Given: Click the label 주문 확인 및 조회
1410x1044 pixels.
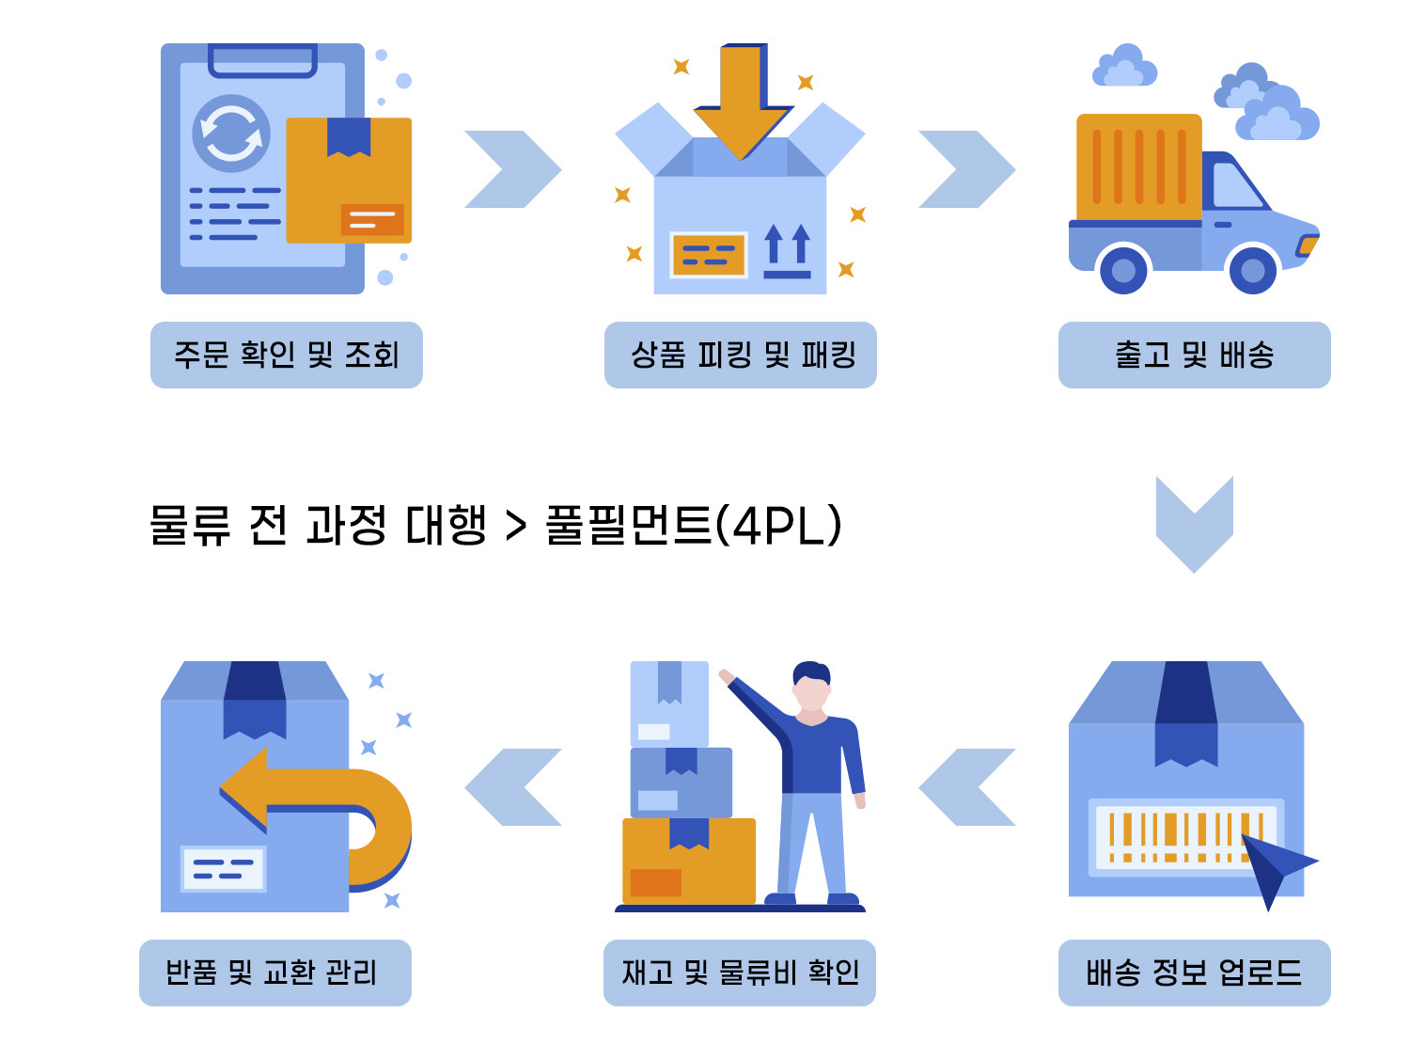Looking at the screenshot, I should pos(286,355).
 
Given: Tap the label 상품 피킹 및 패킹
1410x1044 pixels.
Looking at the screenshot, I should pos(741,355).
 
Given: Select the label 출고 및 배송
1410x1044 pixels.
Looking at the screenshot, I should pos(1194,355).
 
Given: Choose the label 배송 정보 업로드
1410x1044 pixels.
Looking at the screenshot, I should pos(1194,973).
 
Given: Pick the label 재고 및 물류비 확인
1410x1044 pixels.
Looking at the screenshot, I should pos(740,973).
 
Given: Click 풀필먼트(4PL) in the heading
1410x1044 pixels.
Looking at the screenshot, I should pos(693,525).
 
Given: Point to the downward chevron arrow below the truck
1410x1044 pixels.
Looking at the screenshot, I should pos(1194,527).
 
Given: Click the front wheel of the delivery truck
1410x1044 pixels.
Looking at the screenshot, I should pos(1252,271).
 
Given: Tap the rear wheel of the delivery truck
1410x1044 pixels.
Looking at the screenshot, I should pos(1123,271).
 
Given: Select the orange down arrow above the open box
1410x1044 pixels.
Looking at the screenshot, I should pos(743,99).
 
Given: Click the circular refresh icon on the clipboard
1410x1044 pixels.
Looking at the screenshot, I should pos(231,134).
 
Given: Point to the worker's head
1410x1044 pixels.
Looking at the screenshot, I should pos(810,684).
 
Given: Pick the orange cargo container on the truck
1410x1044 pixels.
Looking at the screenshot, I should pos(1138,166).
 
